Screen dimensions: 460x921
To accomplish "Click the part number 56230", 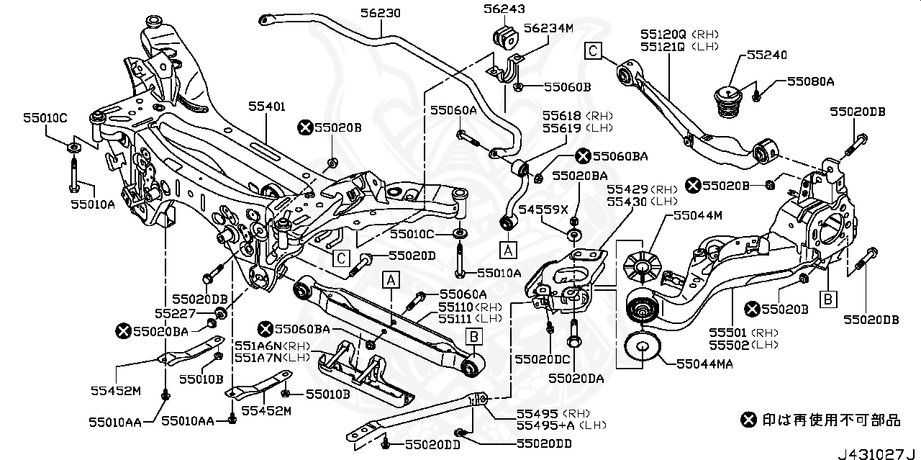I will (381, 13).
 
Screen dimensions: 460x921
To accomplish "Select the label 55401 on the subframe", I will (267, 107).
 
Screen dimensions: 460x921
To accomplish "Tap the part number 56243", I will (504, 9).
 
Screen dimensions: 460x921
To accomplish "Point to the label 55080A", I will (809, 82).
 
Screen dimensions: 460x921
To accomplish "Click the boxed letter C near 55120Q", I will (592, 50).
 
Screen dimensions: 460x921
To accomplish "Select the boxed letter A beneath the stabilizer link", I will (508, 250).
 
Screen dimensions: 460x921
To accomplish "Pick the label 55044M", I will (698, 215).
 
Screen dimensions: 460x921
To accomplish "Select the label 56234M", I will (548, 28).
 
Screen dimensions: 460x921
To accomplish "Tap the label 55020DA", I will (576, 377).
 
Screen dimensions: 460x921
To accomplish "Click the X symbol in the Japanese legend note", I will (749, 419).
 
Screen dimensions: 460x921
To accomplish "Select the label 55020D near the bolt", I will (412, 256).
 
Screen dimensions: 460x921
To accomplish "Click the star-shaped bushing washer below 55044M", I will (640, 264).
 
